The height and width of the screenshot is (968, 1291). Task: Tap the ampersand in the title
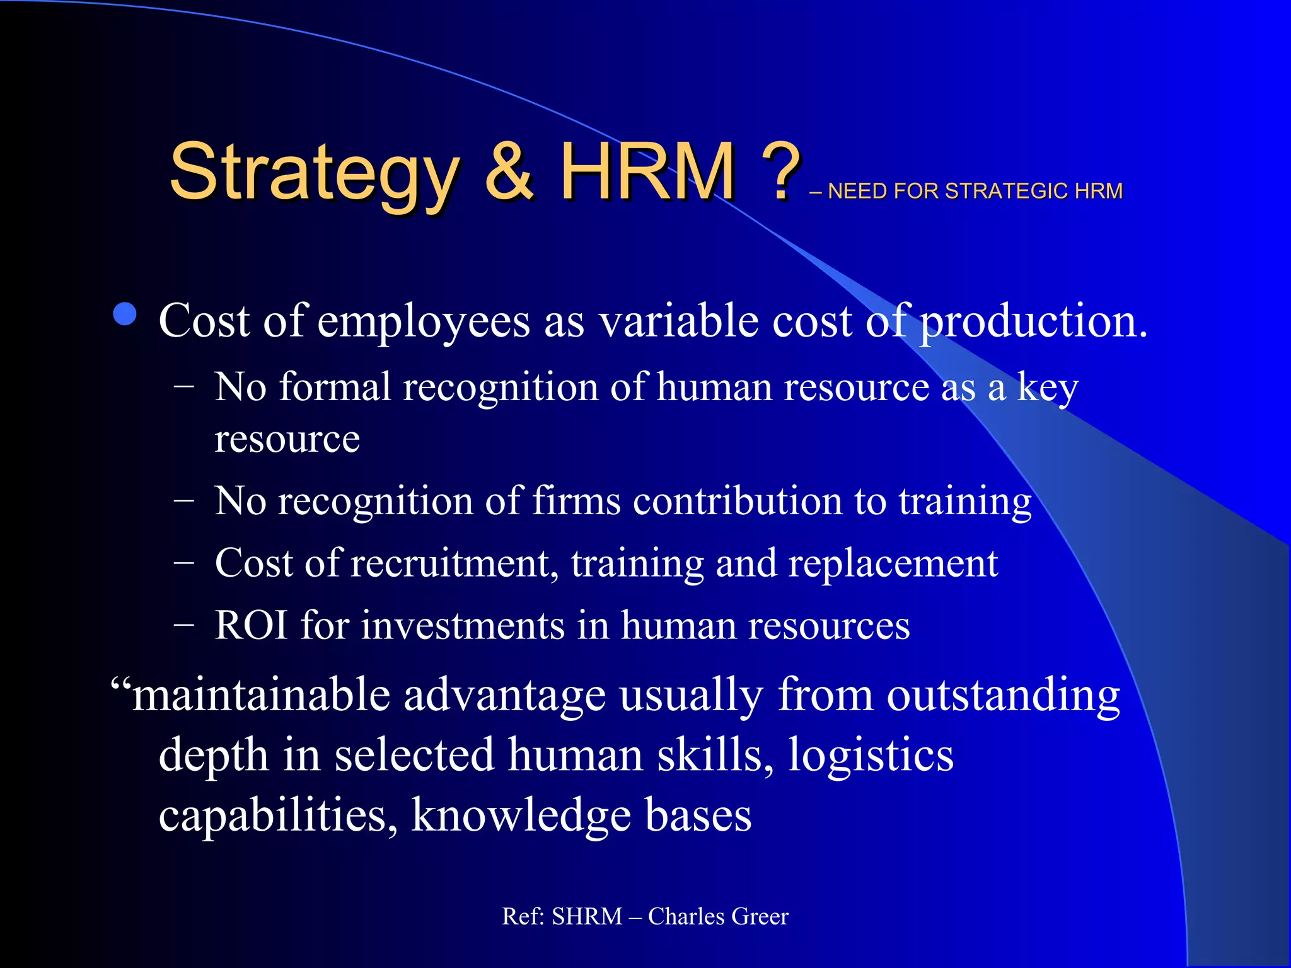pos(510,171)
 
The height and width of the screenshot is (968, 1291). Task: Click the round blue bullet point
pos(125,314)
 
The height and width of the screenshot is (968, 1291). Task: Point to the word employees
pos(423,322)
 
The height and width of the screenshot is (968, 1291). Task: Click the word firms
pos(576,501)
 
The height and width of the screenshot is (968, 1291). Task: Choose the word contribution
pos(738,501)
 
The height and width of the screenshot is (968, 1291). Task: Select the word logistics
pos(871,756)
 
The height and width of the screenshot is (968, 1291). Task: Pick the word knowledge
pos(521,815)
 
